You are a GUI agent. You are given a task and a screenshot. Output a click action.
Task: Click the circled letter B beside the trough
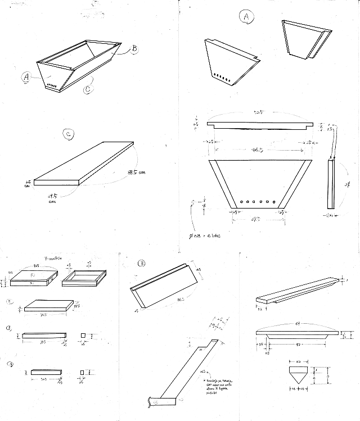click(135, 48)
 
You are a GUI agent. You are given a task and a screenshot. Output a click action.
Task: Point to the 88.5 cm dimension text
click(136, 171)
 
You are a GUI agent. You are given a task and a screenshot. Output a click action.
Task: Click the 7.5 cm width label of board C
click(54, 196)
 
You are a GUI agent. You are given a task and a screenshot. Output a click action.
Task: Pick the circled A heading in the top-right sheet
click(245, 17)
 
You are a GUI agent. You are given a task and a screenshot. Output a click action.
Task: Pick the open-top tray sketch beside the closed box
click(84, 277)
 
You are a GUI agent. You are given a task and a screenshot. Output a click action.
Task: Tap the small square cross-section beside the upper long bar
click(83, 335)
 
